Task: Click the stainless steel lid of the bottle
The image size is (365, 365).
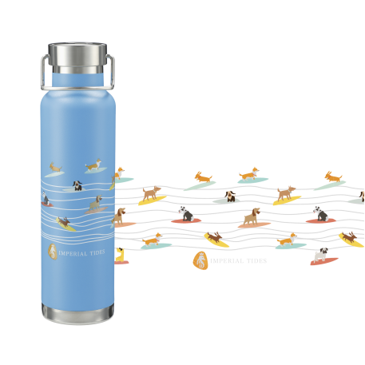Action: point(77,57)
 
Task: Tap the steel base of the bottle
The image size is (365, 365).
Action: point(77,314)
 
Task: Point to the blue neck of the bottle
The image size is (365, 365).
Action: point(77,80)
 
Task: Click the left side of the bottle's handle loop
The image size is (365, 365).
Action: point(43,72)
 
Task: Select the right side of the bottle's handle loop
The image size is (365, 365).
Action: point(112,72)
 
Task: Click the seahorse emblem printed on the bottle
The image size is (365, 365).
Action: point(53,252)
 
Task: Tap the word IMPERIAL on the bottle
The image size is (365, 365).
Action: point(73,253)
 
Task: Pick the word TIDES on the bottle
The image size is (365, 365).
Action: point(97,252)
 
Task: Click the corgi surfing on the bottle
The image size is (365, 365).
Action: point(93,165)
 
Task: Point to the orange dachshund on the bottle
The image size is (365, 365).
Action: point(55,167)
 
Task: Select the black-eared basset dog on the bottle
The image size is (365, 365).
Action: point(77,185)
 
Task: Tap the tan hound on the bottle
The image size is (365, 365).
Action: point(96,203)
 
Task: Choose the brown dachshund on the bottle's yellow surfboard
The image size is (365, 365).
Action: point(64,222)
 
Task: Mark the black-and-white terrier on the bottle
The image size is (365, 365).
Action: point(46,198)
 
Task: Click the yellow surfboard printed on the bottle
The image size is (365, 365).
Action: point(65,225)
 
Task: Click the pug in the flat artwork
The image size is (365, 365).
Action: point(321,255)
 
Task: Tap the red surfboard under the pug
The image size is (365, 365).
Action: point(324,261)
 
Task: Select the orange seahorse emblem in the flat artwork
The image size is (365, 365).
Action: point(200,261)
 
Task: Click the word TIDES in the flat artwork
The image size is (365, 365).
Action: point(256,261)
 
